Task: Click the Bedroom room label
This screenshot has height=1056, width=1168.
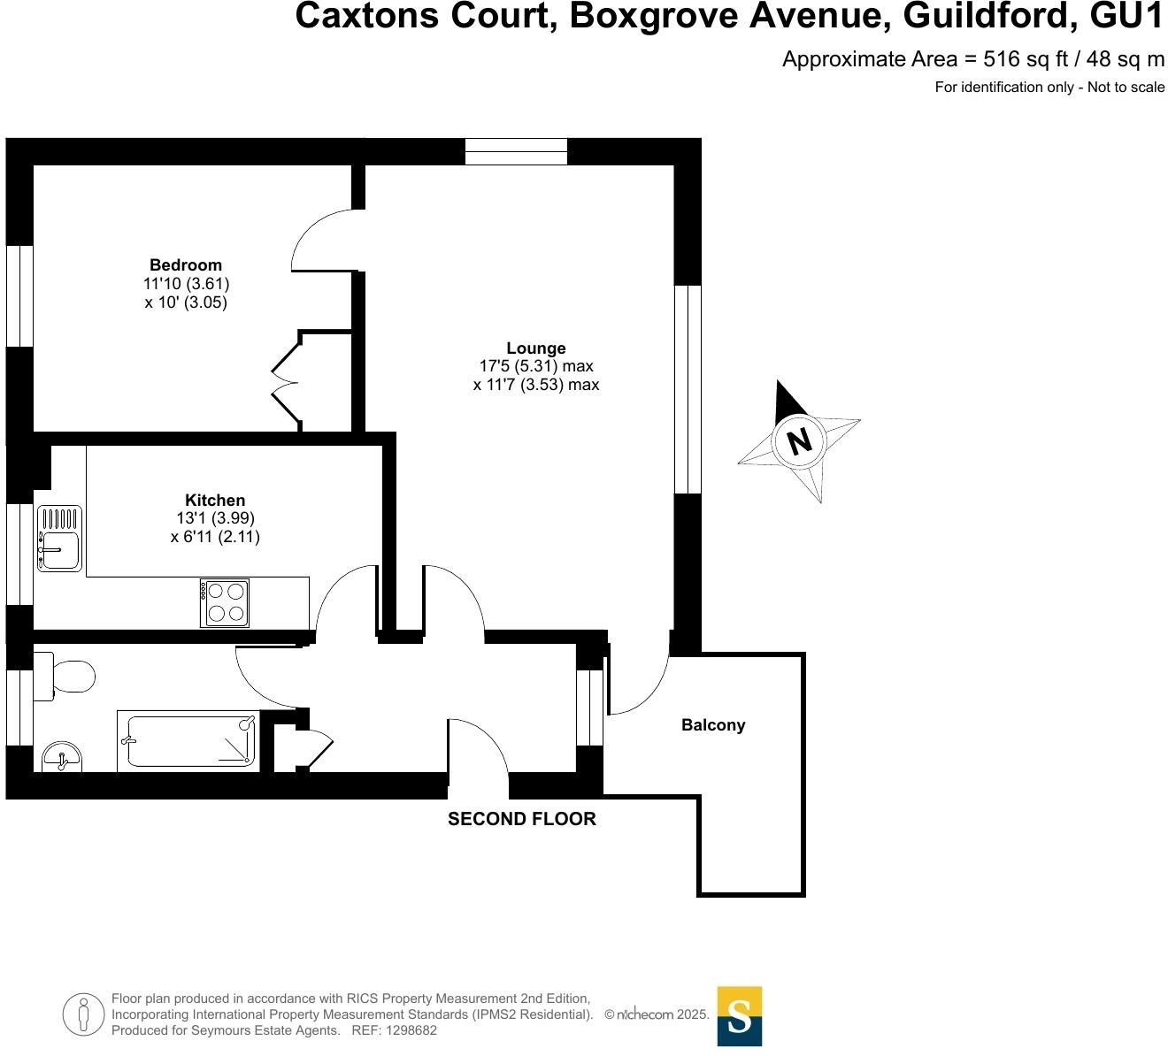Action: (186, 264)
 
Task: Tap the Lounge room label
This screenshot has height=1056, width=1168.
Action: (536, 348)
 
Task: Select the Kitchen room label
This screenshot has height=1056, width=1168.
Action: (215, 500)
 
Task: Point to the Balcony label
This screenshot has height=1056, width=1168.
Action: (713, 725)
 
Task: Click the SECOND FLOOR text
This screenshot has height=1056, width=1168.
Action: (522, 819)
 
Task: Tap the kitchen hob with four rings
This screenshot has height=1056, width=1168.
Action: (225, 602)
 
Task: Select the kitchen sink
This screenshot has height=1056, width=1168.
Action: (59, 539)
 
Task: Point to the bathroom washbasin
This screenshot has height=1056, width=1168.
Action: (61, 757)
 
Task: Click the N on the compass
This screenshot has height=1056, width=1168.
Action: (799, 440)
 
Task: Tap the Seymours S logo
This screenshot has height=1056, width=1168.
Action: (739, 1016)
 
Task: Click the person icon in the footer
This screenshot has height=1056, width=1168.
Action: (83, 1014)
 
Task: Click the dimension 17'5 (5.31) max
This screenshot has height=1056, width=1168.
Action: (536, 366)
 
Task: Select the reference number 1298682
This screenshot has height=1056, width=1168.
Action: (406, 1030)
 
